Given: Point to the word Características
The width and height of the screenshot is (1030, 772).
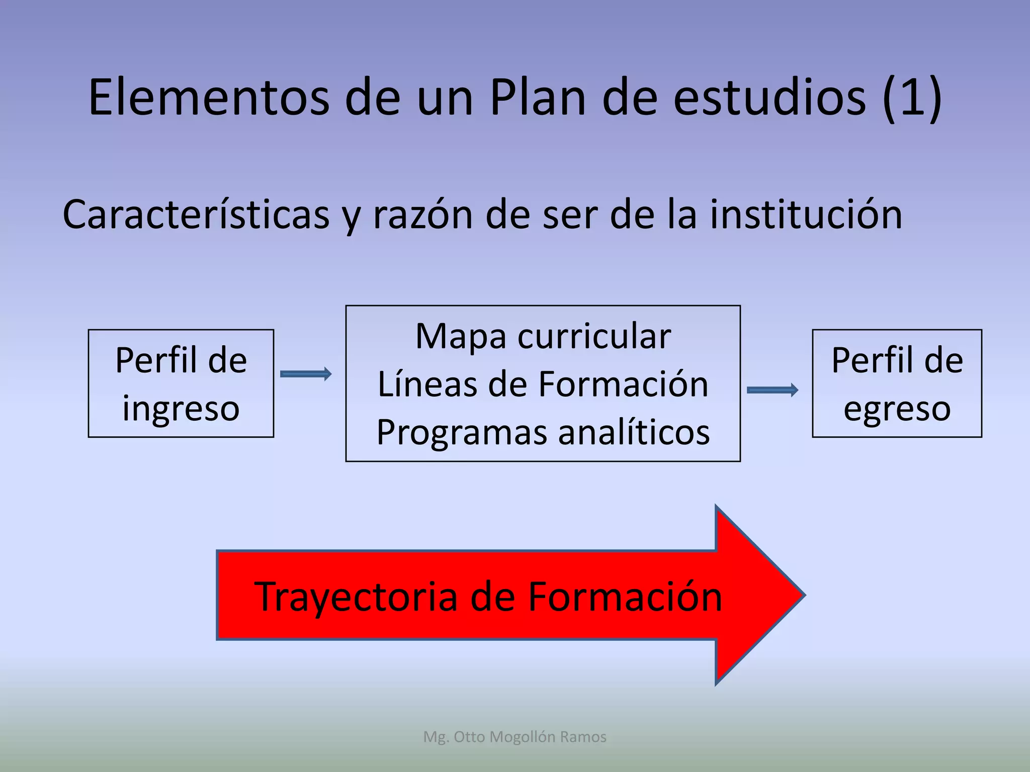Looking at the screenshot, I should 196,215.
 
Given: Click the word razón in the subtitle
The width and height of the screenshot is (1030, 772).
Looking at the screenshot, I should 422,215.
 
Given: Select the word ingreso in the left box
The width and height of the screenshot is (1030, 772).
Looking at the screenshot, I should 181,408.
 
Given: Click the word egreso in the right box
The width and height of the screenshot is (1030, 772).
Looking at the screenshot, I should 897,408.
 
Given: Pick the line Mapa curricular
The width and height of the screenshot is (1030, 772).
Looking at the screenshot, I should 543,336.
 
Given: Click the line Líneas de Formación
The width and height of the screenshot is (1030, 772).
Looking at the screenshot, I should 543,384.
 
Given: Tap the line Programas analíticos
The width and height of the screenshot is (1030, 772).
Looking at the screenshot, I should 543,432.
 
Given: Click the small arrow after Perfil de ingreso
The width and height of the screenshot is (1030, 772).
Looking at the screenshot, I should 306,373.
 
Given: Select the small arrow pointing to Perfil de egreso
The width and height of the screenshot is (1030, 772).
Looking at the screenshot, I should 772,390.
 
